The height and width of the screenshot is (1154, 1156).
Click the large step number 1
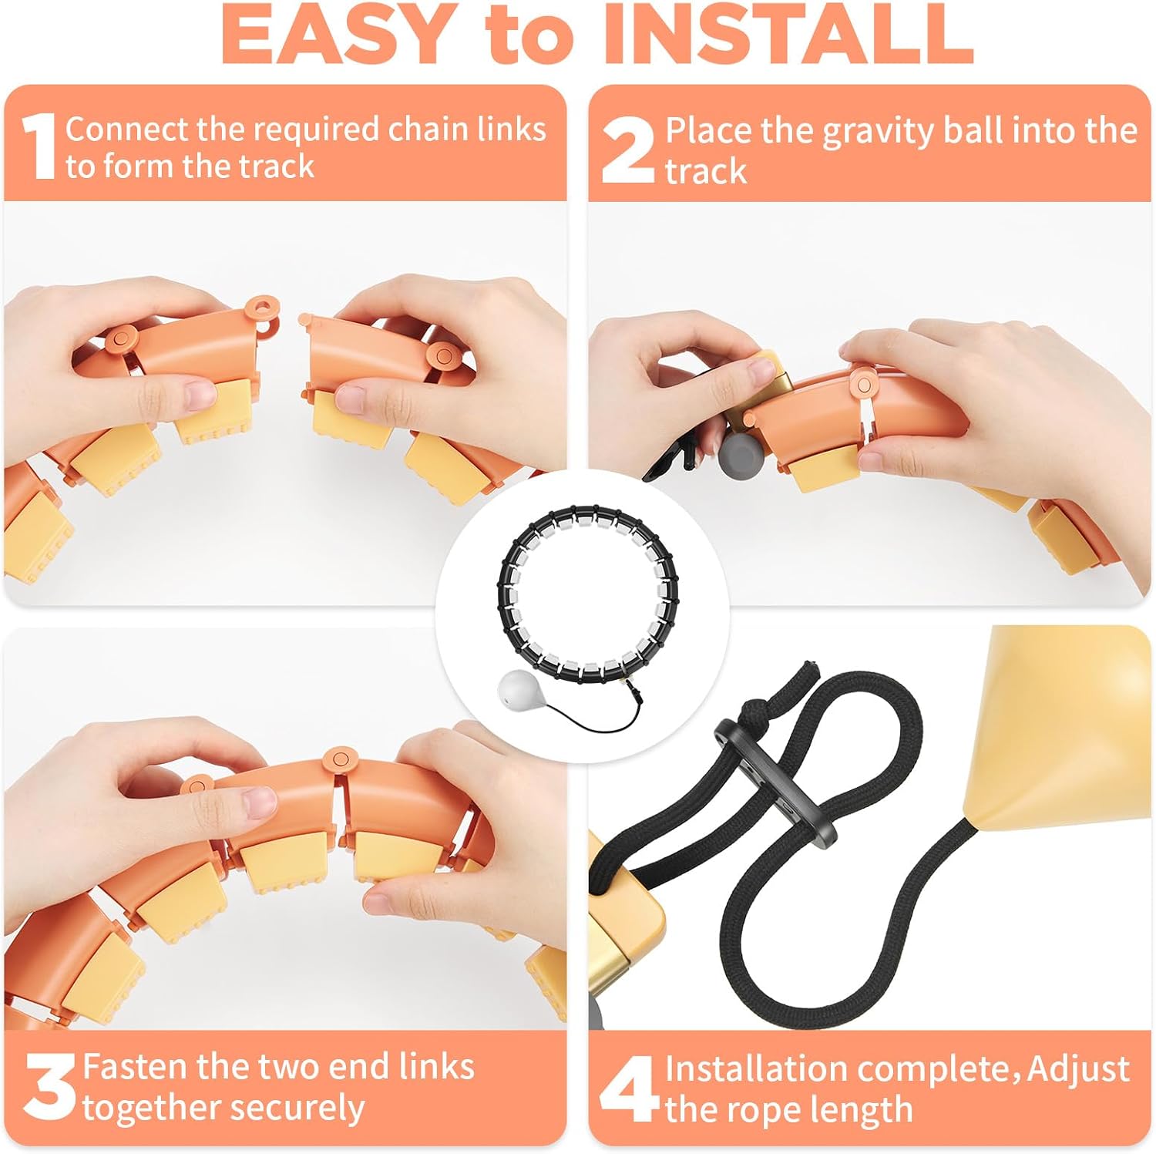39,146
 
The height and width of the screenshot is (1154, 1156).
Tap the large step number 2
627,150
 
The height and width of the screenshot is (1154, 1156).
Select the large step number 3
49,1088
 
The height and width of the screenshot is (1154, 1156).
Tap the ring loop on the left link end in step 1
262,308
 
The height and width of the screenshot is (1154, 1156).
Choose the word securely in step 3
308,1109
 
